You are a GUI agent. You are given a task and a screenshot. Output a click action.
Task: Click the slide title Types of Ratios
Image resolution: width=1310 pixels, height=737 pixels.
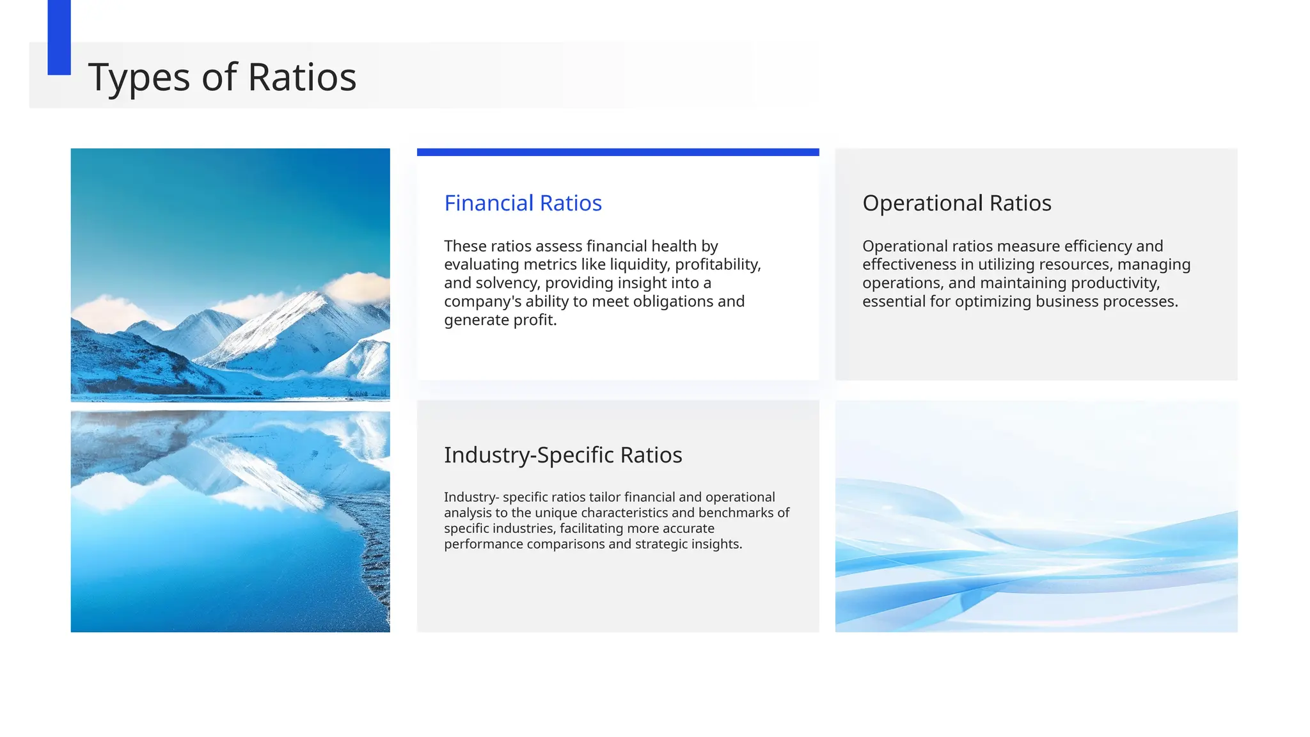point(222,77)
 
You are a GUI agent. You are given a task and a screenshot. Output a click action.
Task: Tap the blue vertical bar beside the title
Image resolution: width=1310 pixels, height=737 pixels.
point(59,37)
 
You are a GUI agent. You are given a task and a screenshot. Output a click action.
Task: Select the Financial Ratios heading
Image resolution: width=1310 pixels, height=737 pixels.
point(523,203)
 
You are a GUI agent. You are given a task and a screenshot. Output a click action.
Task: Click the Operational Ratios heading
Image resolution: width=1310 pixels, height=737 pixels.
point(956,203)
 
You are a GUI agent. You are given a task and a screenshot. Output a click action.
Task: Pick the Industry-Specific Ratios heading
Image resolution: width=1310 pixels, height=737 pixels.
point(563,455)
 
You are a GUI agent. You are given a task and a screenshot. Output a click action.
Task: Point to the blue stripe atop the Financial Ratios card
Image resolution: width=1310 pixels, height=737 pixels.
point(618,152)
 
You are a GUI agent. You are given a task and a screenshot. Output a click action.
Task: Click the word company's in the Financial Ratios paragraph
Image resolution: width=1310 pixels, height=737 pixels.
point(483,301)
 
